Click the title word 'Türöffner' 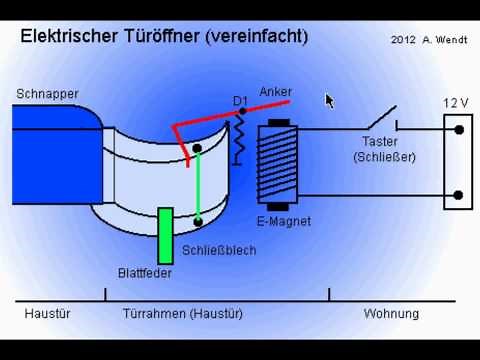pos(159,37)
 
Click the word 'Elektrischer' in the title pos(67,37)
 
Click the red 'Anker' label pos(276,91)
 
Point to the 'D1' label pos(240,101)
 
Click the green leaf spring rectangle pos(166,236)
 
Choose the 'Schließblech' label pos(218,250)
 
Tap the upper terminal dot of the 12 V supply pos(458,128)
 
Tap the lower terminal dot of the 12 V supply pos(458,195)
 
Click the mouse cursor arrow pos(330,100)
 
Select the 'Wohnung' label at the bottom pos(391,313)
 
